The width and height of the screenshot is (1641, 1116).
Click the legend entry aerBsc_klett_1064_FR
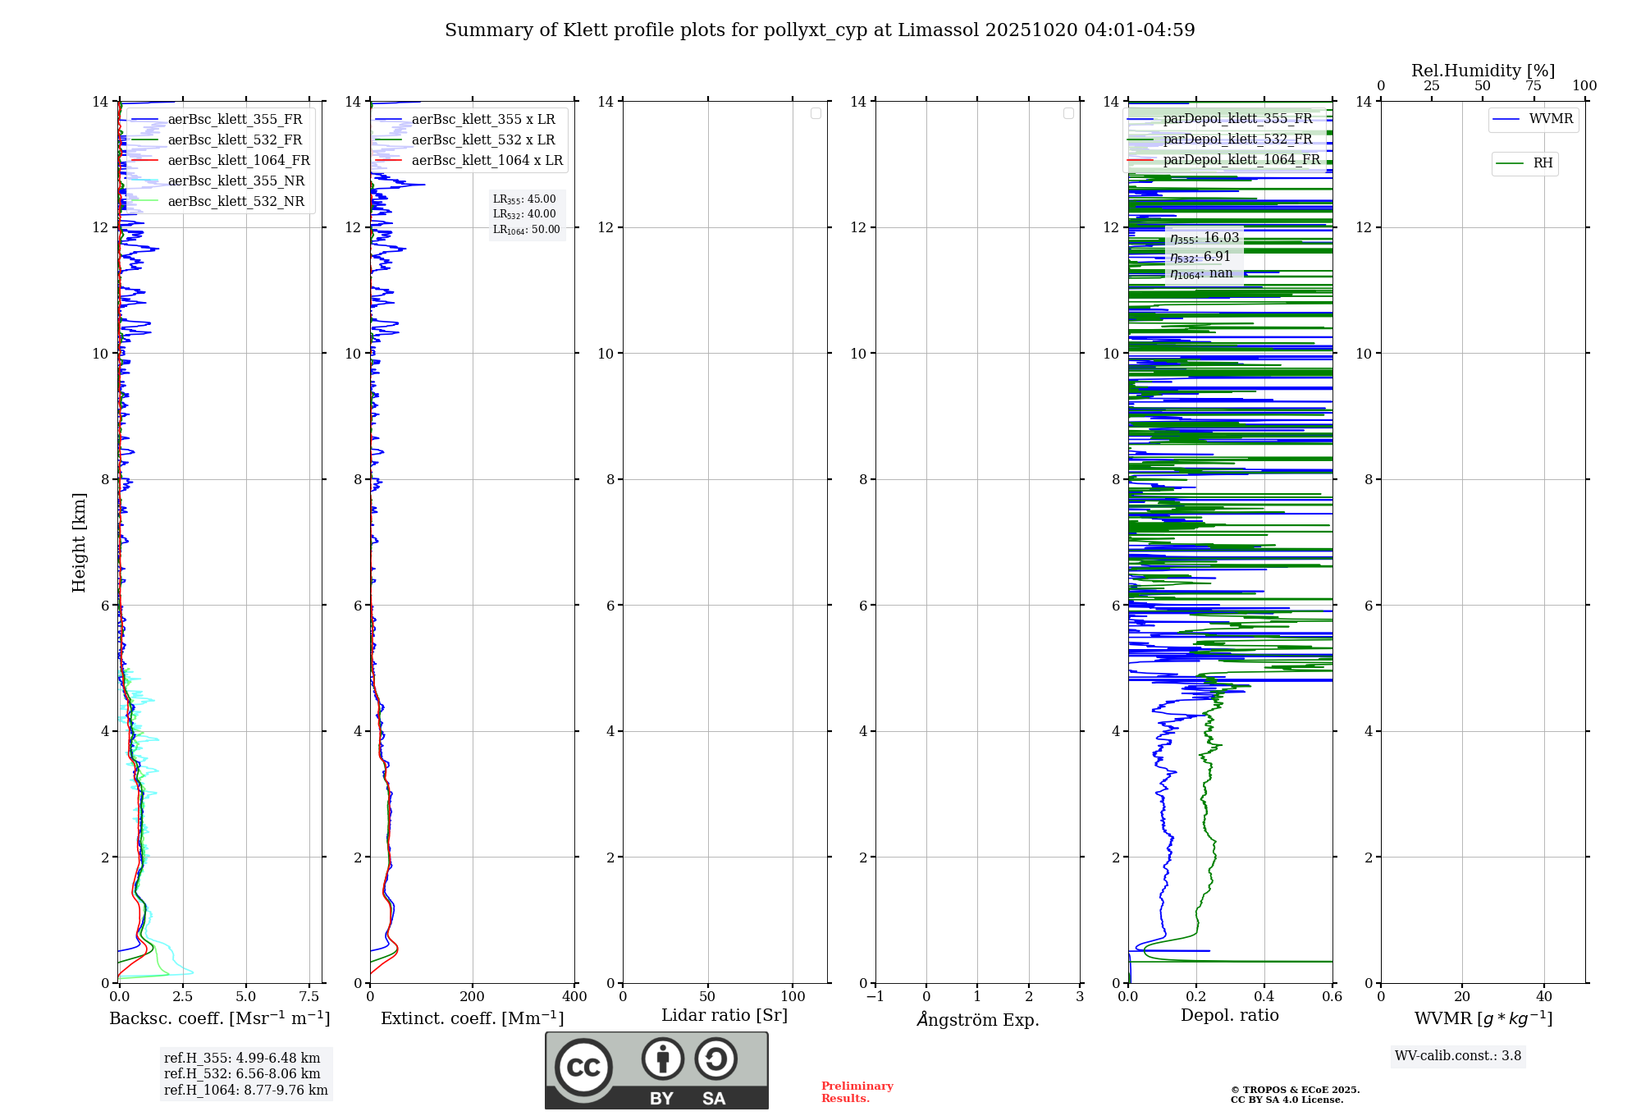[238, 161]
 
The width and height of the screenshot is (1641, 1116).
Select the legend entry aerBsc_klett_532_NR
[235, 202]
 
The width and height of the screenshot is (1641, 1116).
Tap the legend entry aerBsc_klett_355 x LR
[482, 120]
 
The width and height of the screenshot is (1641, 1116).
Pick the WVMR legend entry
[1550, 119]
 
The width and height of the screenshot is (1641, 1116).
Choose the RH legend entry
[1542, 163]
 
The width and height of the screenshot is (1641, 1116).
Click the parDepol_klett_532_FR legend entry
[1237, 139]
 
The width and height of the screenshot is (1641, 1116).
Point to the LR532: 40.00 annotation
[524, 214]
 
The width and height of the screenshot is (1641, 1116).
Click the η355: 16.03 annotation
[1204, 238]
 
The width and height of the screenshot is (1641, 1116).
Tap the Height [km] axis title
[79, 542]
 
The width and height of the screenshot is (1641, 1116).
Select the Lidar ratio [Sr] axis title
[725, 1016]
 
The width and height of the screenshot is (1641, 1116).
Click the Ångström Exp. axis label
[978, 1020]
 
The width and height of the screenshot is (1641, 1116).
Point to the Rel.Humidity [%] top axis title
[1483, 71]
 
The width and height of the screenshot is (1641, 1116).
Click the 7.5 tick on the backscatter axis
[309, 997]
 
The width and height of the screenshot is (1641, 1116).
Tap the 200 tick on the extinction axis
[473, 997]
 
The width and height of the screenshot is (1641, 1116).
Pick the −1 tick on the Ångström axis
[875, 997]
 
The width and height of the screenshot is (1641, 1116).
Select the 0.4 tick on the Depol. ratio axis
[1264, 997]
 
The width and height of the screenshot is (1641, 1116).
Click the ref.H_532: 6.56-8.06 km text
[242, 1074]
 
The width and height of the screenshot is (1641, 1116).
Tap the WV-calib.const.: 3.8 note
[1458, 1056]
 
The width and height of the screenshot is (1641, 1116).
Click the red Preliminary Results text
[857, 1092]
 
